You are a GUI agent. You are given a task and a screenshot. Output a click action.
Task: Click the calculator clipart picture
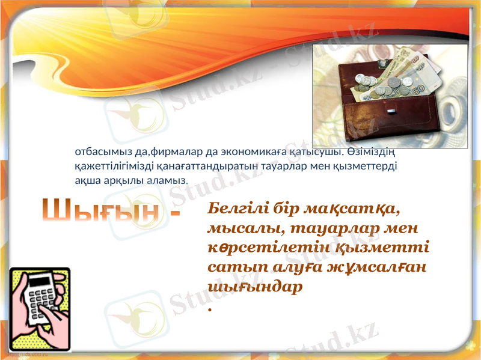(40, 308)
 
